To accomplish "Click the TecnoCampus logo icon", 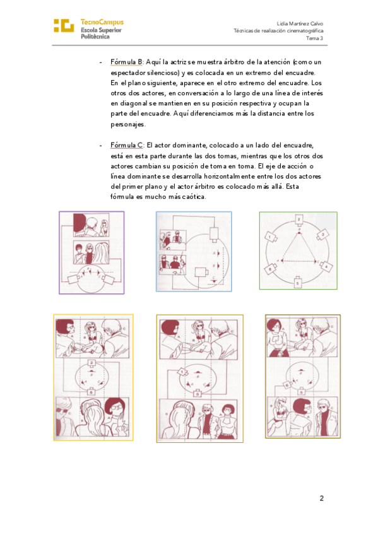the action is pos(64,26).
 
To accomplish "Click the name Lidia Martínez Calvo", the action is pos(300,23).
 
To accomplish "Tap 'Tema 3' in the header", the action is pos(314,38).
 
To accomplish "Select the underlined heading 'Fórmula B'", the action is pos(127,62).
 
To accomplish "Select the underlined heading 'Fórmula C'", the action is pos(127,145).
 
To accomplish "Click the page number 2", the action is pos(321,498).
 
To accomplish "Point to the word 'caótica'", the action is pos(194,197).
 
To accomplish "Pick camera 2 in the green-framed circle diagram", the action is pos(298,221).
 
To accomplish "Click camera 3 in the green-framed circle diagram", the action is pos(322,235).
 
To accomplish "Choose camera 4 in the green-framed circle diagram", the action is pos(326,266).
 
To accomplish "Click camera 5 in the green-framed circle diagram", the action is pos(297,282).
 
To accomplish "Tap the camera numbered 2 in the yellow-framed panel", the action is pos(92,363).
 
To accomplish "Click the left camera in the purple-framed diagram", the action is pos(74,279).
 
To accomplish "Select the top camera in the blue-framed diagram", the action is pos(215,233).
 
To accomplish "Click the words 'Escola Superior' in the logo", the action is pos(102,30).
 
